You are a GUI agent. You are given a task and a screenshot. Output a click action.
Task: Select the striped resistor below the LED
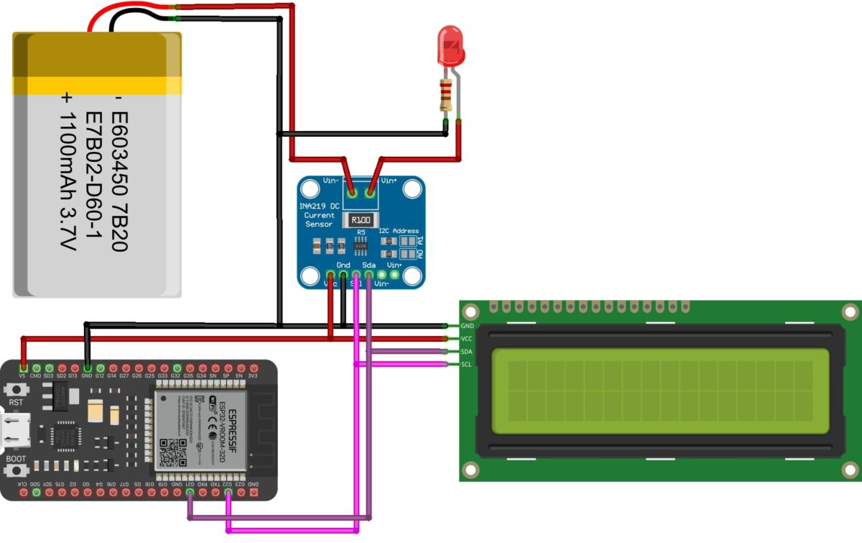point(446,95)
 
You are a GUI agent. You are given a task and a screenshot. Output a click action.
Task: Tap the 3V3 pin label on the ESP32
point(253,375)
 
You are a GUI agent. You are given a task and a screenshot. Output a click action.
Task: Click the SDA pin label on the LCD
point(466,352)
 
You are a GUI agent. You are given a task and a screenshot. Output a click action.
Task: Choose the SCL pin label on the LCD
point(466,365)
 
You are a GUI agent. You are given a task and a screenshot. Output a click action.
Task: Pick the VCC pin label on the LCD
point(466,339)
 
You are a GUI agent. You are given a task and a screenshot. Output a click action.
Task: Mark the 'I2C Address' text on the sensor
point(398,231)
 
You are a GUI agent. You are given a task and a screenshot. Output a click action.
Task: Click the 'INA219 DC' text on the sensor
point(320,206)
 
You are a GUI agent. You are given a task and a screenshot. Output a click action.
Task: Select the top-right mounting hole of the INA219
point(412,189)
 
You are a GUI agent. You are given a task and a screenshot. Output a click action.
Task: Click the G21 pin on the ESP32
point(190,493)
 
